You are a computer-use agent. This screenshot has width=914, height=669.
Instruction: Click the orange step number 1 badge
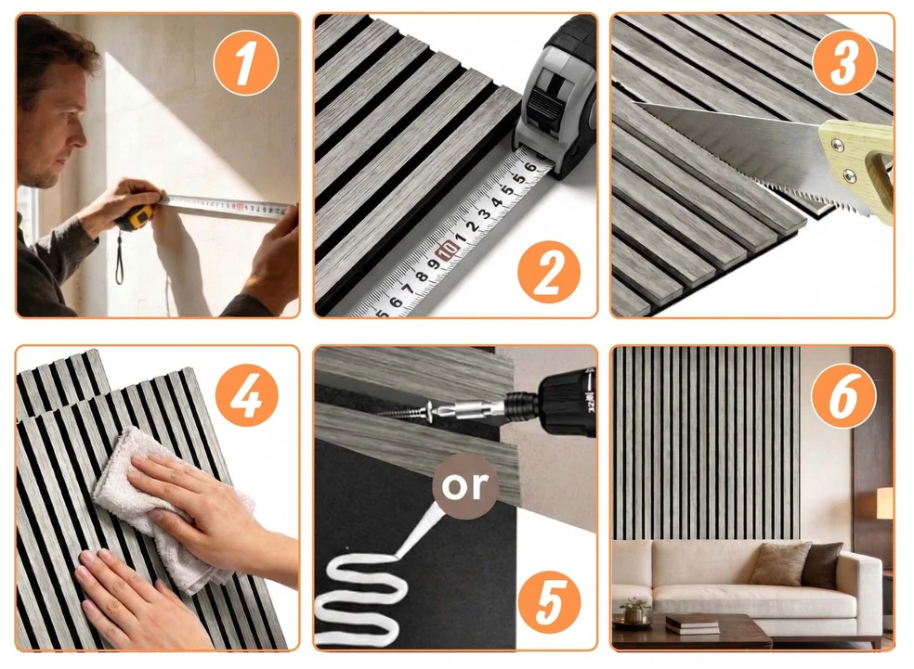click(246, 63)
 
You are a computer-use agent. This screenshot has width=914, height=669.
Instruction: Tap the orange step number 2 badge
click(549, 272)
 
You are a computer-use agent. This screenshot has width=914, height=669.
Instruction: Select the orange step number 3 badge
click(844, 62)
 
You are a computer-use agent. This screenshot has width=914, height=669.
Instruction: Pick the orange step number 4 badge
click(246, 394)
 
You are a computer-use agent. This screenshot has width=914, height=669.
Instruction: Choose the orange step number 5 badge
click(549, 602)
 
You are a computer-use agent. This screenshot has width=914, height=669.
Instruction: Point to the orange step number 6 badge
click(844, 394)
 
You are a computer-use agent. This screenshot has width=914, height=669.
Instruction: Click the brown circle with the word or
click(465, 486)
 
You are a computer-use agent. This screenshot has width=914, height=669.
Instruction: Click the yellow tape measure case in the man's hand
click(136, 217)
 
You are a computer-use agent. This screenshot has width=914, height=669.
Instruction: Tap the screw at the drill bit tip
click(403, 413)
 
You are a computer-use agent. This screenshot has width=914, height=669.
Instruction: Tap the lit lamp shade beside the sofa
click(885, 503)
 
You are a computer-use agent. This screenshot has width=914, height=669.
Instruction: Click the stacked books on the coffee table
click(692, 624)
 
